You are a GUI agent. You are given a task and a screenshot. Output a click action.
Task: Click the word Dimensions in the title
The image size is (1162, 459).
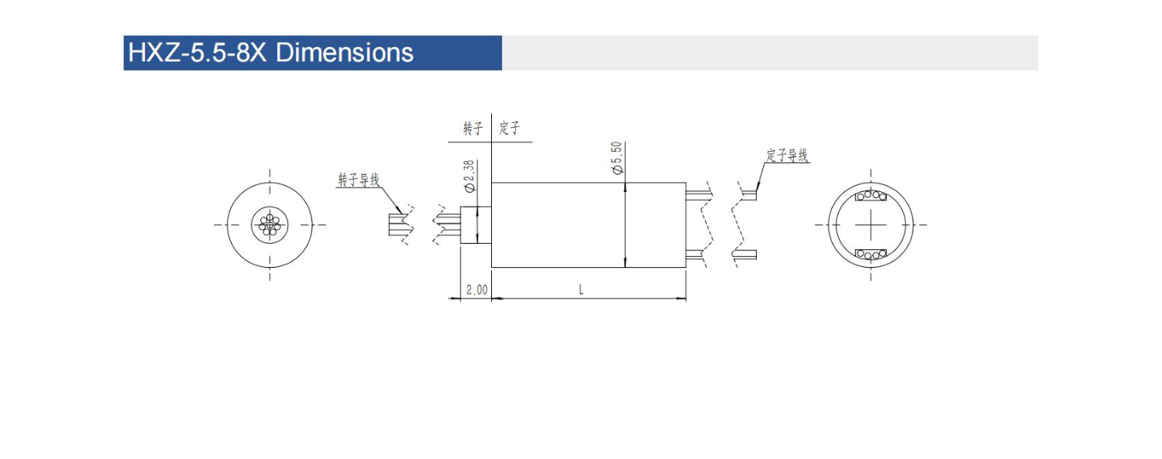point(345,53)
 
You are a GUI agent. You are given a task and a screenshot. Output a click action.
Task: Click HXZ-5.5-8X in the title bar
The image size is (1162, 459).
point(197,53)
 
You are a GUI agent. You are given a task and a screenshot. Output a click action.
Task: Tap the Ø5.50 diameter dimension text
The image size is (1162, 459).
point(617,158)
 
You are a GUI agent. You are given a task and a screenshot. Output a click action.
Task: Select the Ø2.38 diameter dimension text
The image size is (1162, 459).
point(469,176)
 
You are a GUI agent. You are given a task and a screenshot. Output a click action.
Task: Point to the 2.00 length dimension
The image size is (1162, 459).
point(476,289)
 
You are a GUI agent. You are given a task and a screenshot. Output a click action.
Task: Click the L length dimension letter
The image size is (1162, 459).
point(581,289)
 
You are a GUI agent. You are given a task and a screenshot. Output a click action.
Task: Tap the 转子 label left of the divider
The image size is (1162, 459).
point(473,128)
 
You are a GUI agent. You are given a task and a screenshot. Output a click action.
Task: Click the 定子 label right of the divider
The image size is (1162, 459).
point(509,128)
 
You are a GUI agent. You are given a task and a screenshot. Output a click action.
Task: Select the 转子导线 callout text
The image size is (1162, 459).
point(359,180)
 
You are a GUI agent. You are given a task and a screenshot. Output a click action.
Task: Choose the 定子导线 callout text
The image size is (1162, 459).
point(787,156)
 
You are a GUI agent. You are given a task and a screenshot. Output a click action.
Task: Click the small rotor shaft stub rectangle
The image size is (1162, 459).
point(476,224)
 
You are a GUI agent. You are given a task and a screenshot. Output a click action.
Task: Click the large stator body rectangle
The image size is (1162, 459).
point(588,224)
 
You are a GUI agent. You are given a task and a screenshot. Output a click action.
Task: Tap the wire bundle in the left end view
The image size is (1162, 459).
point(270,224)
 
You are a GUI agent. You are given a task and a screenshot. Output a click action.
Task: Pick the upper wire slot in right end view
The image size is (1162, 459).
point(871,196)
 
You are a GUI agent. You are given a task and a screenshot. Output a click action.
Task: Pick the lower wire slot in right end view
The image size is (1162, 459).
point(871,255)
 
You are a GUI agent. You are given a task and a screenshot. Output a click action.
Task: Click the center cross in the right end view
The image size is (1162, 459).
point(871,224)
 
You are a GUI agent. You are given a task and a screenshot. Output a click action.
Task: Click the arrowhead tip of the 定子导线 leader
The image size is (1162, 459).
point(756,191)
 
